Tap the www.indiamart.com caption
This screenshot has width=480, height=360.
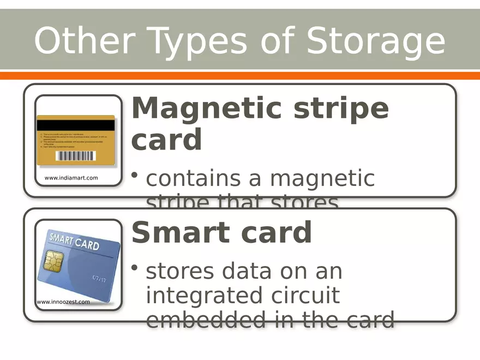71,178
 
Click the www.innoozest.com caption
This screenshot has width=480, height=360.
63,302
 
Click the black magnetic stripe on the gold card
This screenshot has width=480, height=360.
76,125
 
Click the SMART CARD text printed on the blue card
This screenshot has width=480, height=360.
75,241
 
